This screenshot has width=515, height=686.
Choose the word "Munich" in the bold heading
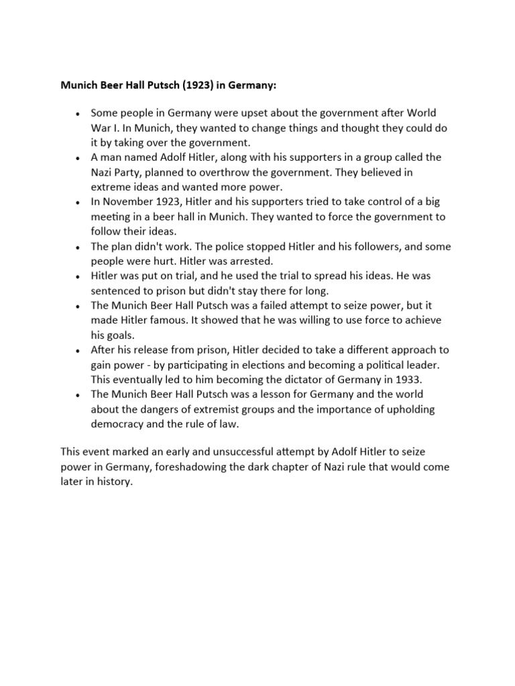click(79, 86)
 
